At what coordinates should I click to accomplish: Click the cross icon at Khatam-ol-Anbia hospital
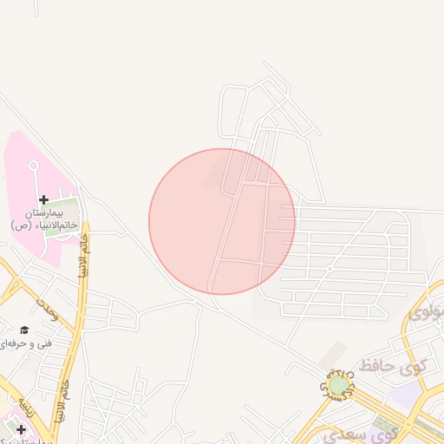pyautogui.click(x=43, y=199)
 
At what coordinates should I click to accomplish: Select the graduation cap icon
pyautogui.click(x=24, y=330)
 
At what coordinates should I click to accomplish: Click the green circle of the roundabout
pyautogui.click(x=338, y=383)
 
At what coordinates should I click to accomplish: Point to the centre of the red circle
pyautogui.click(x=222, y=221)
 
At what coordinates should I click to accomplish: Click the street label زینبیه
pyautogui.click(x=25, y=408)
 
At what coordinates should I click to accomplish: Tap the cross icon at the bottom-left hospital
pyautogui.click(x=21, y=429)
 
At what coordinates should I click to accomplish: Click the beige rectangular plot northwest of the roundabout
pyautogui.click(x=331, y=353)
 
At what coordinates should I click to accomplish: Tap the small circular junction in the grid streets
pyautogui.click(x=329, y=269)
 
